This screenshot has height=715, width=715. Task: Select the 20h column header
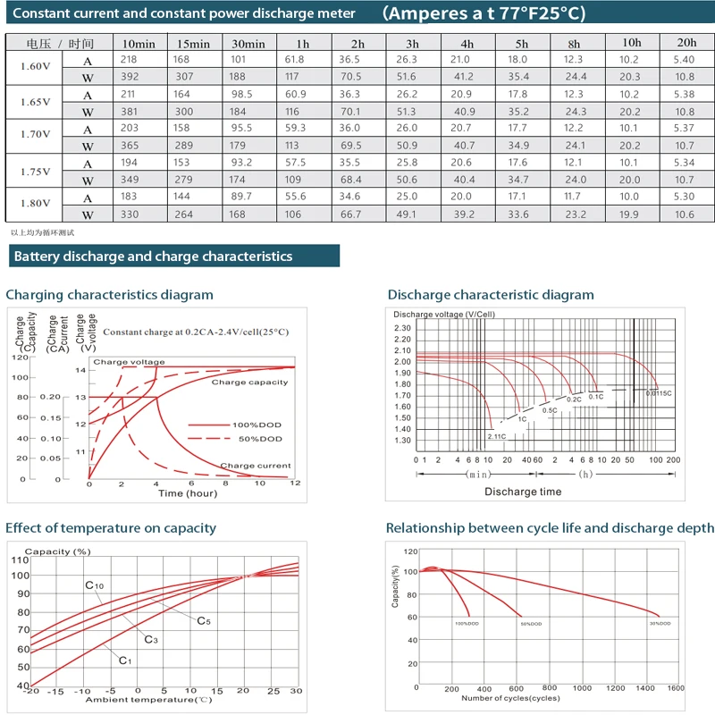pos(686,44)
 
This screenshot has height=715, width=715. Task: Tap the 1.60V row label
pos(35,68)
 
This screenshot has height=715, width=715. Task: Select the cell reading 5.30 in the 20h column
pos(685,197)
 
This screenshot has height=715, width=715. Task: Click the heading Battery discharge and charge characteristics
pos(153,257)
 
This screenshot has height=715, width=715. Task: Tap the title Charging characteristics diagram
pos(110,295)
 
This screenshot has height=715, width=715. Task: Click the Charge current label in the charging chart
pos(256,466)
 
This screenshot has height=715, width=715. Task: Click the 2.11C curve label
pos(496,435)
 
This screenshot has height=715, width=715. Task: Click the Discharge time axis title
pos(523,492)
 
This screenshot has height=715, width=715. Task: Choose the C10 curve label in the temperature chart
pos(95,585)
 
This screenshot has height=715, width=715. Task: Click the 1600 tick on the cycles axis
pos(676,688)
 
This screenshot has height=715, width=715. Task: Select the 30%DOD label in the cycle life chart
pos(661,622)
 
